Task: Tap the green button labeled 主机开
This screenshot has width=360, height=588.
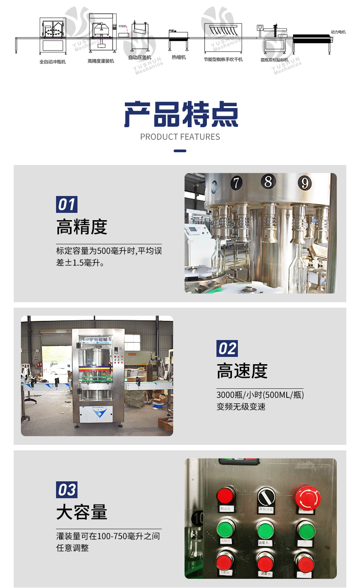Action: pos(226,529)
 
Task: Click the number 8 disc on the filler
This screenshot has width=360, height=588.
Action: pos(268,181)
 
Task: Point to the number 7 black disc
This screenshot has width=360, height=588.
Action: pos(236,183)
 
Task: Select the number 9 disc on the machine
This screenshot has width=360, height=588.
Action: pos(304,183)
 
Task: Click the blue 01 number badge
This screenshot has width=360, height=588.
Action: pos(67,204)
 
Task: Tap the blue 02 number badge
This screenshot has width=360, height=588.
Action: pos(227,349)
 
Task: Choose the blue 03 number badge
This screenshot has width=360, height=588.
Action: pos(67,490)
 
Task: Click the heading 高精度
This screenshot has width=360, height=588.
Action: pos(82,227)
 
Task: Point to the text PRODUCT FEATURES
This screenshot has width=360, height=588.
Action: pos(180,137)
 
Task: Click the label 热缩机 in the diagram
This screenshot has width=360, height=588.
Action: pos(179,58)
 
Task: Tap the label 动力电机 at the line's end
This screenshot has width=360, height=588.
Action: pos(338,32)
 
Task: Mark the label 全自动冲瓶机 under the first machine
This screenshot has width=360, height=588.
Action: pos(52,62)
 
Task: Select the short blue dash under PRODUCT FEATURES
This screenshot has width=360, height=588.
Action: pos(180,150)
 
